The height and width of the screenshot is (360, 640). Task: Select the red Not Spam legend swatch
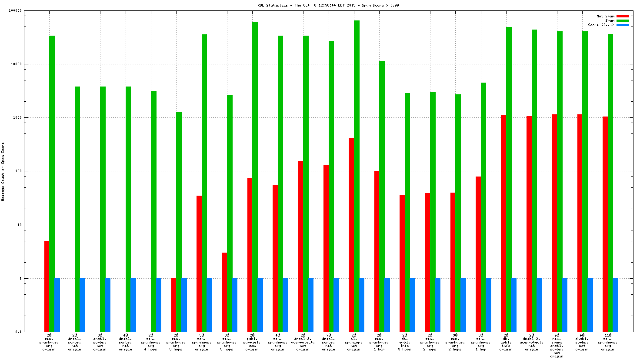click(x=623, y=16)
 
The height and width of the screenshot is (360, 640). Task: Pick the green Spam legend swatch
click(x=623, y=20)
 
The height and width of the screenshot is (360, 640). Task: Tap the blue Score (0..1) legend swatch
click(x=623, y=25)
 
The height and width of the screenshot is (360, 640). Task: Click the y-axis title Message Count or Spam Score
click(x=3, y=171)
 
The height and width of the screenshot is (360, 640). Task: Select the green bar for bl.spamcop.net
click(x=357, y=174)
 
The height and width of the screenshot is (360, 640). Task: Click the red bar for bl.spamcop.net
click(x=351, y=235)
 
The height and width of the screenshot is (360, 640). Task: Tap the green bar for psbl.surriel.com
click(x=255, y=174)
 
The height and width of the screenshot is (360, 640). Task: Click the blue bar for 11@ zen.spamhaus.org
click(x=615, y=305)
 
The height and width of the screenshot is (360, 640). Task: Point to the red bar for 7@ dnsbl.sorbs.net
click(x=326, y=248)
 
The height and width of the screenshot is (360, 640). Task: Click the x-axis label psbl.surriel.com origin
click(x=252, y=342)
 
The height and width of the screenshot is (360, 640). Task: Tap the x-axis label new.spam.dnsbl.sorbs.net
click(x=557, y=346)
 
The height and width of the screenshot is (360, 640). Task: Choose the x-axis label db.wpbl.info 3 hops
click(x=404, y=342)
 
